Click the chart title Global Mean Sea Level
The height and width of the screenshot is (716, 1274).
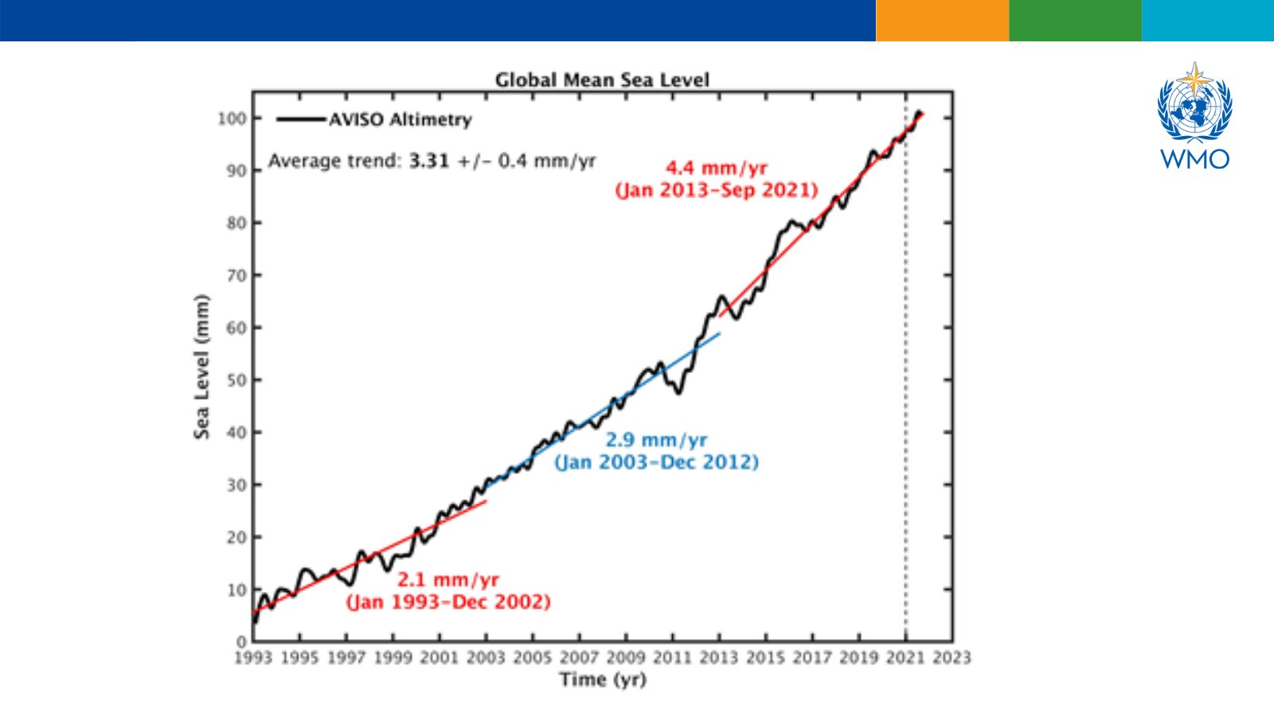coord(602,80)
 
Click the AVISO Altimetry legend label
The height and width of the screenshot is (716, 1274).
coord(400,120)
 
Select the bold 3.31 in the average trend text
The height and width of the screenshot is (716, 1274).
coord(429,161)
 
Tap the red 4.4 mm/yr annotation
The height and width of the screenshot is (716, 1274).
coord(716,168)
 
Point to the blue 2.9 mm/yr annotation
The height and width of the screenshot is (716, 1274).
coord(656,440)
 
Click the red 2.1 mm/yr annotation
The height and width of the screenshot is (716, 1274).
coord(448,579)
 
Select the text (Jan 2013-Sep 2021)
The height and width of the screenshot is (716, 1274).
coord(717,190)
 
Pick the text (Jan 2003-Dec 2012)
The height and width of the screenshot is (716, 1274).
coord(656,462)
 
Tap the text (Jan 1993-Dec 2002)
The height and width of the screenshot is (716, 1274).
coord(448,601)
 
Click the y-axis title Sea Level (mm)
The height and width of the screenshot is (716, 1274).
coord(202,366)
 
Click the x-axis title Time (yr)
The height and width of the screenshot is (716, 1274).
coord(603,679)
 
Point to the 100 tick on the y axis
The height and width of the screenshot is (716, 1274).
coord(233,119)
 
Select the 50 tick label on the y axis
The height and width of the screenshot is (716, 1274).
coord(236,380)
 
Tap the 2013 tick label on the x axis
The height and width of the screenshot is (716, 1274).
coord(719,658)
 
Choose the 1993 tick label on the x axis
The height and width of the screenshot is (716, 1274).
coord(253,658)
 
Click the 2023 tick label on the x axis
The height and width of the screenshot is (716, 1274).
coord(952,658)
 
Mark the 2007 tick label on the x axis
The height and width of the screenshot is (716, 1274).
coord(579,658)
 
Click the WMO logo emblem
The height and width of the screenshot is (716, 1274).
coord(1194,103)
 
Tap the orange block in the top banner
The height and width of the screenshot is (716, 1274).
coord(942,21)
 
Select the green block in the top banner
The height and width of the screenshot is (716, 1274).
coord(1075,21)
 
